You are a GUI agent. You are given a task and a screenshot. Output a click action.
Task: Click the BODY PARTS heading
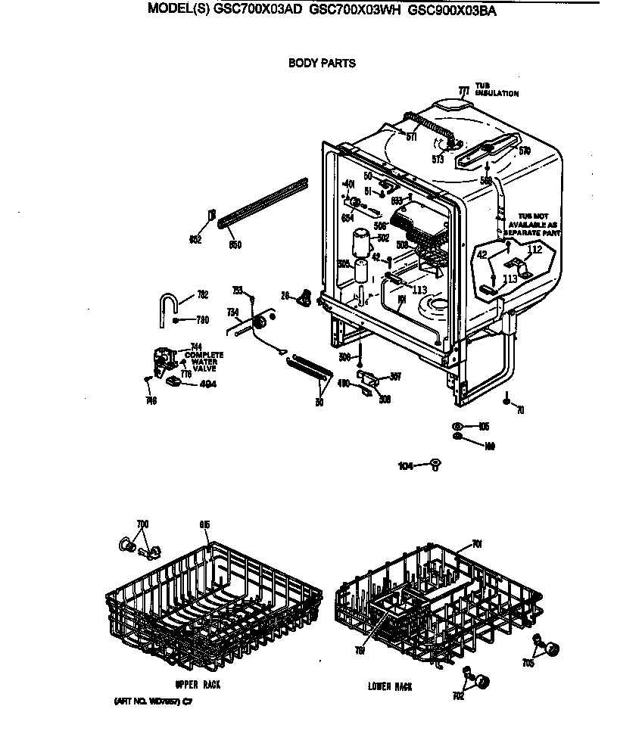coord(322,64)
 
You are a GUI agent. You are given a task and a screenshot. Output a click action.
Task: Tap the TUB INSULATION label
coord(497,90)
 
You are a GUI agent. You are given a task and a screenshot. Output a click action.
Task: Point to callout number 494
coord(207,384)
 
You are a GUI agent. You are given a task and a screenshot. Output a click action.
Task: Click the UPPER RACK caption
coord(198,685)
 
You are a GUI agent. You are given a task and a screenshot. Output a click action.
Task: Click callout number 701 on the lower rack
coord(477,543)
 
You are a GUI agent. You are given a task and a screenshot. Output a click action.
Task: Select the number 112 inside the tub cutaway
coord(534,250)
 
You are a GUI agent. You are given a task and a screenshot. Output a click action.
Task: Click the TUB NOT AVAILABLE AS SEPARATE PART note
coord(534,225)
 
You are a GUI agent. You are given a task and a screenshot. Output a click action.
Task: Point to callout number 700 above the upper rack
coord(142,524)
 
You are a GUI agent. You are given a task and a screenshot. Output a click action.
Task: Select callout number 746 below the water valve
coord(151,400)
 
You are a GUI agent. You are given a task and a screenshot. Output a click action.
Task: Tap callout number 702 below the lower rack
coord(458,696)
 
